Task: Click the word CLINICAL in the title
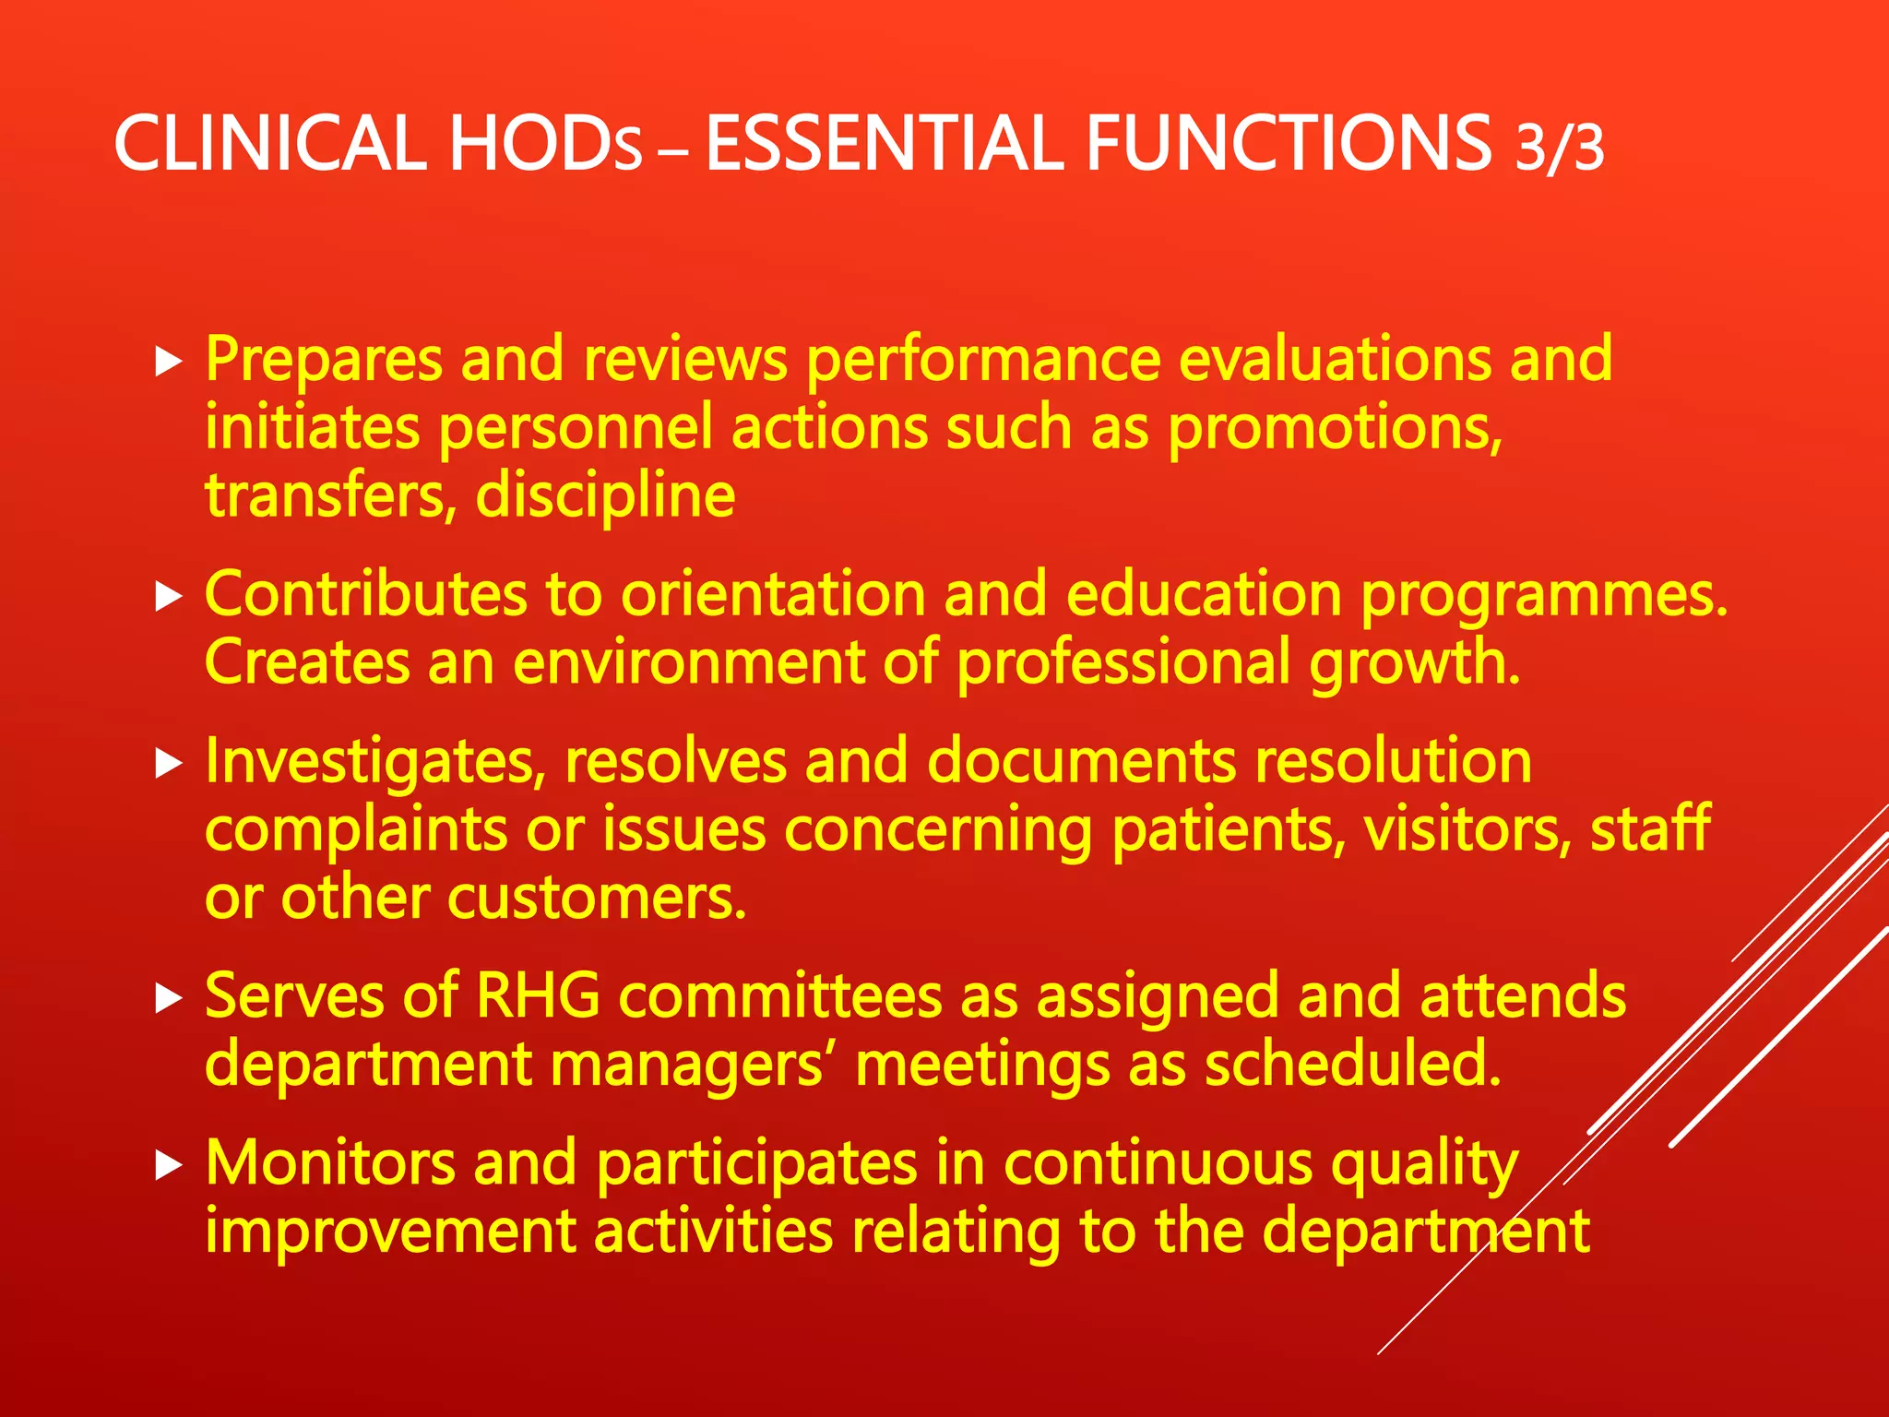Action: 269,144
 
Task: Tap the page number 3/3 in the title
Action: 1560,148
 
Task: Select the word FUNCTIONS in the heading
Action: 1289,144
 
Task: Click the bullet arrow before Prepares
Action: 169,362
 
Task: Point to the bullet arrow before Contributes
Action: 169,597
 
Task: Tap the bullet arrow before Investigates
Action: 169,764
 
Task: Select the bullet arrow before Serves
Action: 169,999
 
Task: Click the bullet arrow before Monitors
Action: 169,1166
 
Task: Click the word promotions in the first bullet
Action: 1335,430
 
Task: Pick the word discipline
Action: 605,496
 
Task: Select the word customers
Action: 597,898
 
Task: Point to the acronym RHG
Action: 537,997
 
